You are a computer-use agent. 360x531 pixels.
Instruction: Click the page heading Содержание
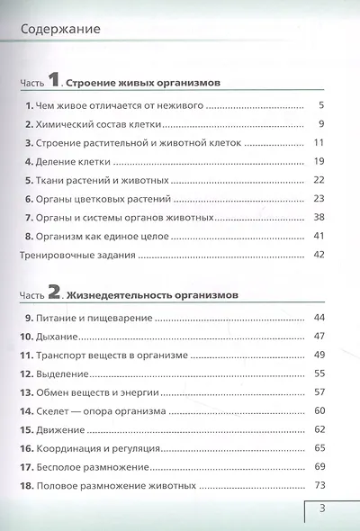[x=58, y=30]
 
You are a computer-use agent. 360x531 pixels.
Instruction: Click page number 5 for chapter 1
[x=320, y=106]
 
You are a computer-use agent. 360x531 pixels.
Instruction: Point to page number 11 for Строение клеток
[x=318, y=143]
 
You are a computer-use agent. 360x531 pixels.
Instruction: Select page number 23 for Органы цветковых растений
[x=318, y=199]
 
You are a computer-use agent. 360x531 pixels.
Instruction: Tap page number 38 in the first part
[x=318, y=217]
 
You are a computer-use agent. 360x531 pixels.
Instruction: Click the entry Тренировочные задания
[x=77, y=255]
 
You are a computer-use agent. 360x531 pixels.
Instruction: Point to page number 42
[x=318, y=255]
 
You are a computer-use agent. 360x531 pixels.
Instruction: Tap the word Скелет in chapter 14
[x=60, y=411]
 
